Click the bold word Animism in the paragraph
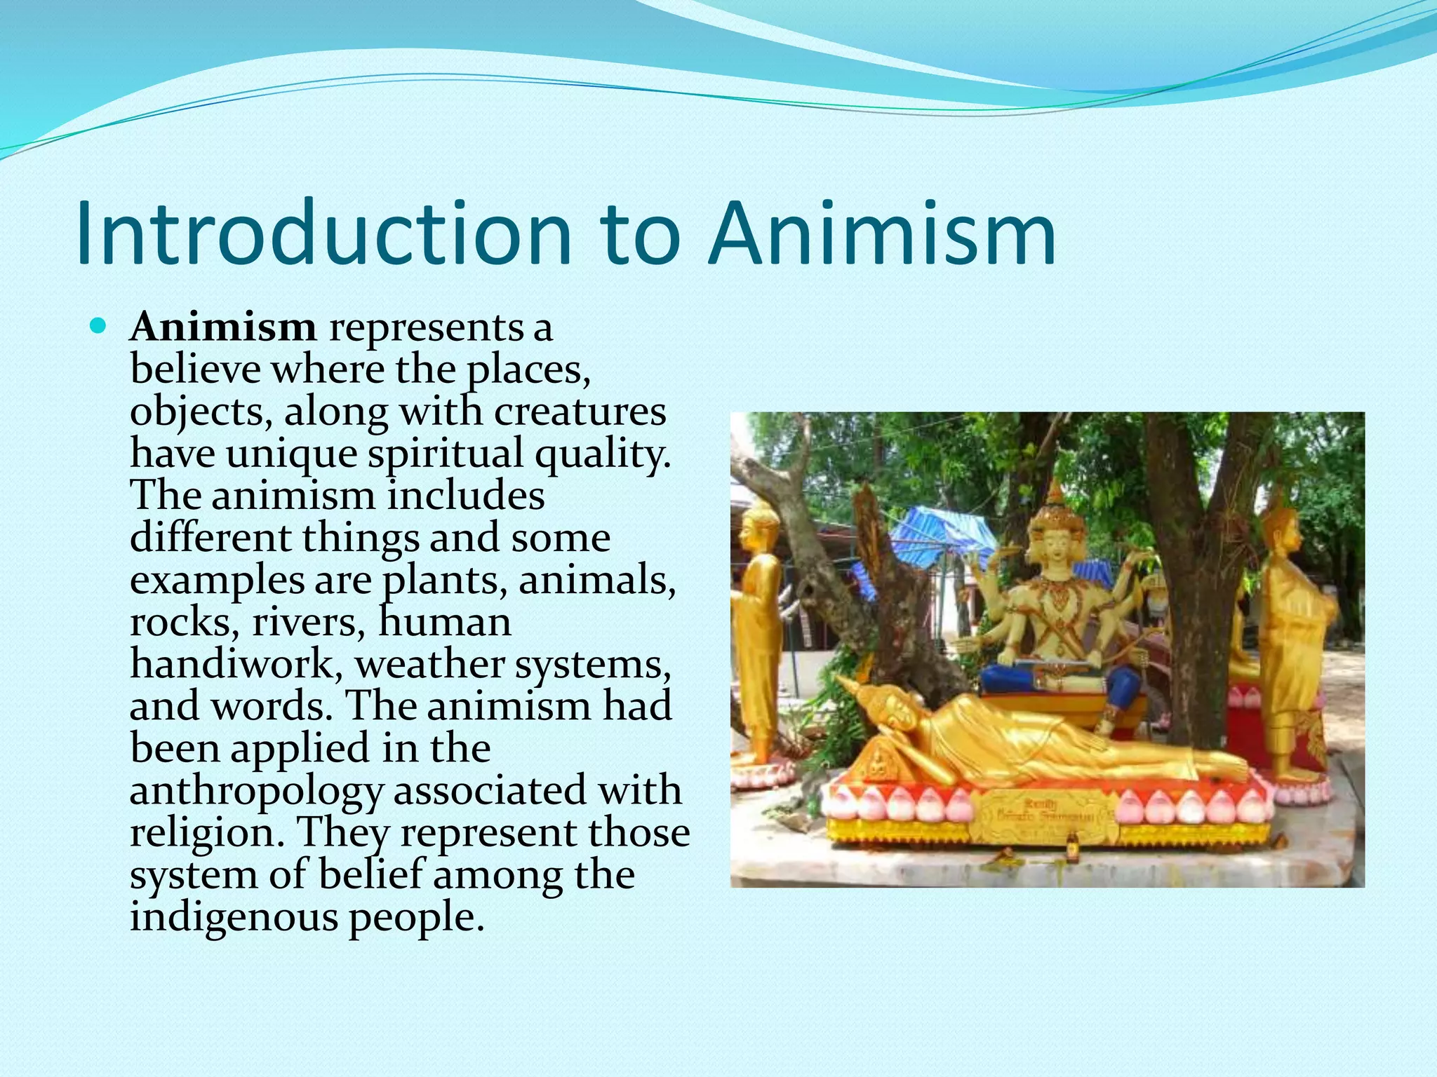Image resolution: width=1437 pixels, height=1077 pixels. click(x=223, y=327)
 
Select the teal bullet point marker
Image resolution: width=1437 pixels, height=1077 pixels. click(x=98, y=326)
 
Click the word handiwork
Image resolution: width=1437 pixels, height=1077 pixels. click(x=232, y=663)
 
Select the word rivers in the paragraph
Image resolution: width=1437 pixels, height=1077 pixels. click(x=308, y=622)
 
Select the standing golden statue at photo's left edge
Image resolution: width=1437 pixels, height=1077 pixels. click(x=758, y=631)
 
